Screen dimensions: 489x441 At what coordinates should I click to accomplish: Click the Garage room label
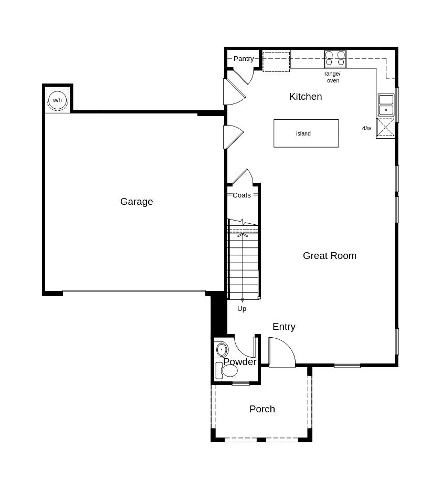(x=136, y=202)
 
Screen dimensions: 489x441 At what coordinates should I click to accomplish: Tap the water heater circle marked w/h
(x=57, y=99)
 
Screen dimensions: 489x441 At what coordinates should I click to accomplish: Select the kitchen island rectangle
(x=306, y=133)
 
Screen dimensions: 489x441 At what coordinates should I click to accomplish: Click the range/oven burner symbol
(x=335, y=58)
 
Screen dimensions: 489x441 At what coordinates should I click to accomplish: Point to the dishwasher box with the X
(x=385, y=128)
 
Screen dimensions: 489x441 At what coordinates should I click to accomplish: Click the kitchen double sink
(x=386, y=105)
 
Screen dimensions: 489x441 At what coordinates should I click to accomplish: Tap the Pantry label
(x=244, y=59)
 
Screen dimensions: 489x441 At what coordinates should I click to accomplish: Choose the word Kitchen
(x=306, y=97)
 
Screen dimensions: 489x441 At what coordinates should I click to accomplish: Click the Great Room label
(x=329, y=256)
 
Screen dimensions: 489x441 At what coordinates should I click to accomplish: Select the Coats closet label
(x=241, y=195)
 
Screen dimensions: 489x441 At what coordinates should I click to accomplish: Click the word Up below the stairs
(x=241, y=309)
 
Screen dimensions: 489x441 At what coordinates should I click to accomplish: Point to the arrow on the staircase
(x=243, y=235)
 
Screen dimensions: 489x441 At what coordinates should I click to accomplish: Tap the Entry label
(x=283, y=327)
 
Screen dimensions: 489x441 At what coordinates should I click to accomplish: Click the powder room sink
(x=222, y=349)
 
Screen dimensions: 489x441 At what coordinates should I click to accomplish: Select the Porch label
(x=262, y=409)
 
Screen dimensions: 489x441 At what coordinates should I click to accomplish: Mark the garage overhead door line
(x=134, y=291)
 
